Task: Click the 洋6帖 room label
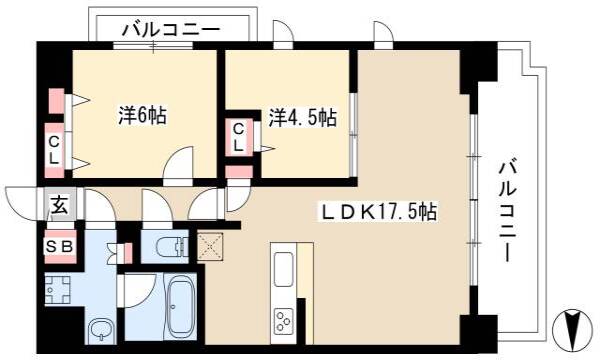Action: (142, 116)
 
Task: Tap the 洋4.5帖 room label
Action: (302, 117)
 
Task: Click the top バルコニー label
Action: (171, 30)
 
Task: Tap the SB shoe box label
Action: (59, 247)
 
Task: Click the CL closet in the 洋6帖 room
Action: (54, 150)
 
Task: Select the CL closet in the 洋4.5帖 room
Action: (238, 137)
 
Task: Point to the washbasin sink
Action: (101, 330)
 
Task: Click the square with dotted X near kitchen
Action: (210, 247)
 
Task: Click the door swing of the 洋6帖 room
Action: (178, 162)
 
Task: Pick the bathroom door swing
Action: (140, 291)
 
